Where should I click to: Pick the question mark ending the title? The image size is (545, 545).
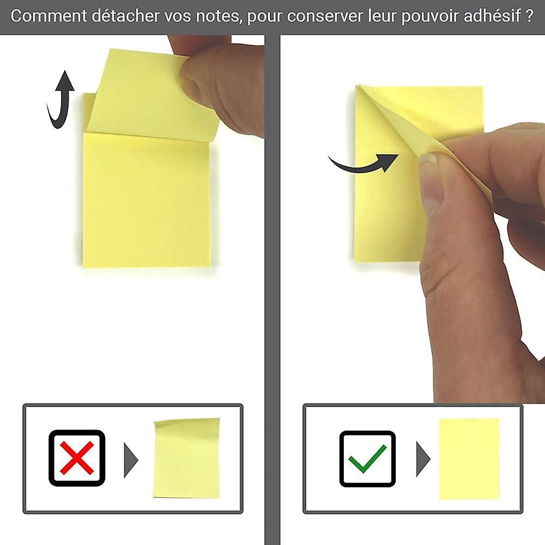pos(529,16)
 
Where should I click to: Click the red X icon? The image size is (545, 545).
pos(76,458)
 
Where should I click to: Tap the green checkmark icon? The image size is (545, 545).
pos(367,458)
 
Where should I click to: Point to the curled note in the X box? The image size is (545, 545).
pos(186,458)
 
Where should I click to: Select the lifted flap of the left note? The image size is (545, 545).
pos(147,93)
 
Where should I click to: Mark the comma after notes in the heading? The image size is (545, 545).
pos(241,21)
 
